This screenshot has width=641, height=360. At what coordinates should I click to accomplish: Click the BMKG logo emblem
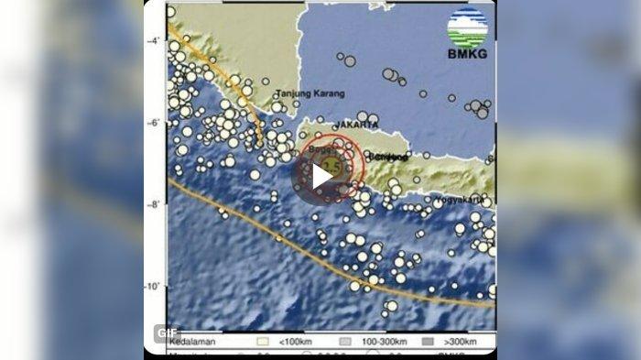click(x=467, y=27)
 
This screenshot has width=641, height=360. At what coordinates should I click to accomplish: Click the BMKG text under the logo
click(x=467, y=53)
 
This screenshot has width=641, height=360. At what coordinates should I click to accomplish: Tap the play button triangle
click(x=319, y=175)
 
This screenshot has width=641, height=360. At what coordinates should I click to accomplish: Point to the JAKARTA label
click(x=356, y=124)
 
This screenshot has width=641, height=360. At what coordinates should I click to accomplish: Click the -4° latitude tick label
click(x=155, y=40)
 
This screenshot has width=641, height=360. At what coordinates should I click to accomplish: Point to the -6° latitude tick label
click(x=155, y=123)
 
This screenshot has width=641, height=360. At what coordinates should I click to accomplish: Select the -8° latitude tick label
click(x=155, y=204)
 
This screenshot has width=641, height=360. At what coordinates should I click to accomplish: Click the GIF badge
click(x=165, y=332)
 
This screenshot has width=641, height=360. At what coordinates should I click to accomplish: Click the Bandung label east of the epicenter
click(x=386, y=157)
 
